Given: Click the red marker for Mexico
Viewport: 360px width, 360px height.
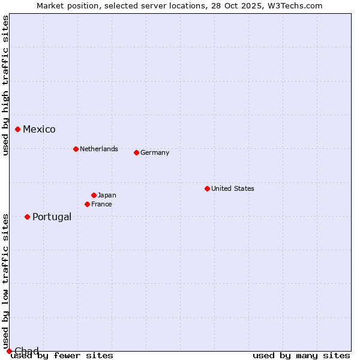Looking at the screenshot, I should (x=18, y=129).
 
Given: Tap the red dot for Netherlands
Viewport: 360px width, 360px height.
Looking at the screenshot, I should (x=76, y=149).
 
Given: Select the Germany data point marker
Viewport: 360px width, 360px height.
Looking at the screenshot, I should (x=136, y=152).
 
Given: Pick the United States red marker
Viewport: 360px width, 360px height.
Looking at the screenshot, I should (x=207, y=188).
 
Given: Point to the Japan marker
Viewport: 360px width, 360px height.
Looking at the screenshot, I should (x=94, y=195).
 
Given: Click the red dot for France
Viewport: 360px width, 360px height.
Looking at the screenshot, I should (x=87, y=204).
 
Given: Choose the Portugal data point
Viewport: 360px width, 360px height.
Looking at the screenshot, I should (x=27, y=217).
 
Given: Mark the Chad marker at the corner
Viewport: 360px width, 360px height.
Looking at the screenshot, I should (x=9, y=351).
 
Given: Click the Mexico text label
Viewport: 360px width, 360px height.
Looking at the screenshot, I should (x=39, y=130).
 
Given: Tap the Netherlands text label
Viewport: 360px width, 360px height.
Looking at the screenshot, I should (x=98, y=149).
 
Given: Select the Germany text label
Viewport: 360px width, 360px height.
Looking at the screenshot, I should (x=155, y=152).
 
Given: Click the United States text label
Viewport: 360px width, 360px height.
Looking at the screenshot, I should (x=232, y=188).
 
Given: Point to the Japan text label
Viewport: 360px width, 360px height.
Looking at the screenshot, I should (x=107, y=195).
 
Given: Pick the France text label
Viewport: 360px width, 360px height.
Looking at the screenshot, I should (x=101, y=204).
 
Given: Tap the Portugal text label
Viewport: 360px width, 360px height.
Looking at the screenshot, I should (x=52, y=217).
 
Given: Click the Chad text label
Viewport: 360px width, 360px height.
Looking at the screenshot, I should (x=26, y=351).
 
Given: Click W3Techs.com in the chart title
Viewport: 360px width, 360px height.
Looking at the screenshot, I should (x=295, y=5).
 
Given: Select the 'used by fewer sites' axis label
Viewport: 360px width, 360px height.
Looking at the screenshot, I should (x=62, y=356).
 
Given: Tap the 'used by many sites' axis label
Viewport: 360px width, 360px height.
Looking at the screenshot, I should (x=301, y=356).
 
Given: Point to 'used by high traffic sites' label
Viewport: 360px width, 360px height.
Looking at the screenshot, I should (x=5, y=85).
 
